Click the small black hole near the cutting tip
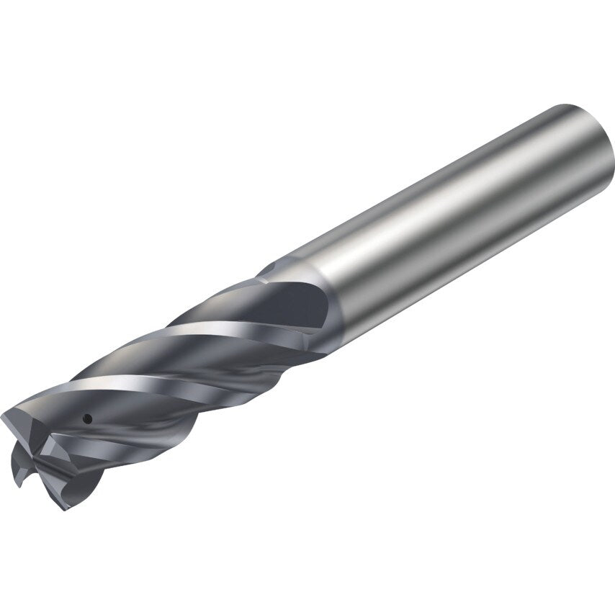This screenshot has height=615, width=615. coord(86,418)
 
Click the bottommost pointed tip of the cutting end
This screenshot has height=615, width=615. coord(63,508)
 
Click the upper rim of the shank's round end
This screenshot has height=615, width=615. coord(569,108)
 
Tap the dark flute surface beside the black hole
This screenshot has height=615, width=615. coord(108,425)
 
